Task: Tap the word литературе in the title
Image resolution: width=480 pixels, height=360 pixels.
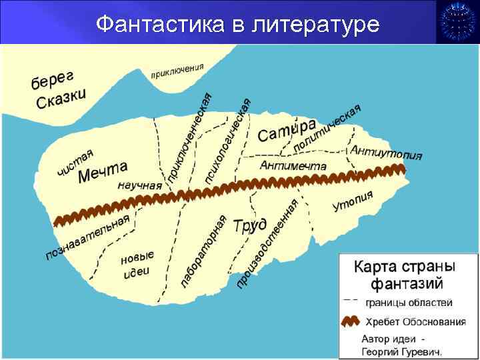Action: pos(316,25)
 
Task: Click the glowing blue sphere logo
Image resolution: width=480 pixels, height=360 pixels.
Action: pos(457,22)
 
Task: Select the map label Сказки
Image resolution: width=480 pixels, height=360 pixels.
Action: pos(61,99)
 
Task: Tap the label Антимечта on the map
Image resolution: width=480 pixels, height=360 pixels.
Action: pos(293,165)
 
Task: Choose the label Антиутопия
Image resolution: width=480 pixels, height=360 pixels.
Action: pos(386,151)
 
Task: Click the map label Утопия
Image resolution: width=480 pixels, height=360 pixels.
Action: pos(353,201)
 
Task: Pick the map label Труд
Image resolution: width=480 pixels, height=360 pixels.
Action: pos(250,225)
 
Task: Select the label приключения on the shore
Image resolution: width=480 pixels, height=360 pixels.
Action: pos(177,69)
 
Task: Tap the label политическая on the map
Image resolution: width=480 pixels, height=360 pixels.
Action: pos(327,127)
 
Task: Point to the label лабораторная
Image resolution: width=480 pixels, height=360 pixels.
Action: pos(204,252)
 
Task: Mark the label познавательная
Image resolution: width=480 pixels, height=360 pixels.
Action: pos(87,237)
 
